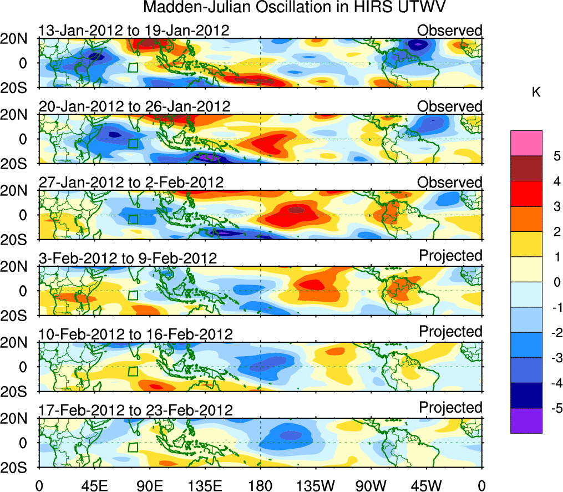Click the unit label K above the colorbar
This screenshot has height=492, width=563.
[536, 93]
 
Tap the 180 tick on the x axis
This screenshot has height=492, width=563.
[260, 485]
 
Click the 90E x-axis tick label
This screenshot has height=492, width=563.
[149, 485]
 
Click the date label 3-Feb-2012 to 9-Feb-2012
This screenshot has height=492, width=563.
[127, 258]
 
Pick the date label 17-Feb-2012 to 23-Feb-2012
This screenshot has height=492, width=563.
[135, 410]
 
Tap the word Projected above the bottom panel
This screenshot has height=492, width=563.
[450, 408]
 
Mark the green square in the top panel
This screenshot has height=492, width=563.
[133, 67]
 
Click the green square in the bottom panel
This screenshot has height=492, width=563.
[133, 447]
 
